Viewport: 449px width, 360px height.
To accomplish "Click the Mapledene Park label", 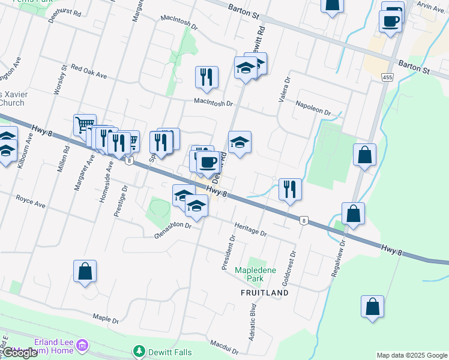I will point(255,274).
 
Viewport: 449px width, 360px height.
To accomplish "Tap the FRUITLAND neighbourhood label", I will point(265,293).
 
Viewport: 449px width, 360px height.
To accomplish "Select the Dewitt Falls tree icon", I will point(139,350).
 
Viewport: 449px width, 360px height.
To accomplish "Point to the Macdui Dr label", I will point(224,346).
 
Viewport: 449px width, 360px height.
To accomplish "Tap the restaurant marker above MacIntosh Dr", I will point(206,76).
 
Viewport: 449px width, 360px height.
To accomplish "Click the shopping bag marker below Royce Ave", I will point(85,271).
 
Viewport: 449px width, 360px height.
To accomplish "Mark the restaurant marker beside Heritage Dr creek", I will point(290,189).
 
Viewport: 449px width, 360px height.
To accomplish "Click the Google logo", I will point(20,353).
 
